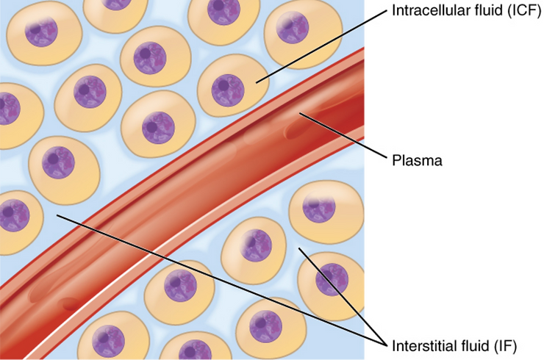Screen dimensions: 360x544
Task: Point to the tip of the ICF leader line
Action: (257, 82)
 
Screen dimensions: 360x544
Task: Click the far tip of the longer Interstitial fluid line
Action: (56, 215)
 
